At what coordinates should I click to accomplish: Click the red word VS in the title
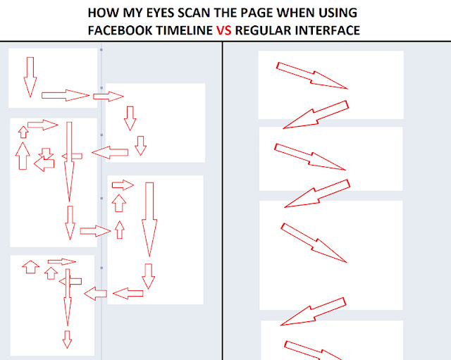click(223, 30)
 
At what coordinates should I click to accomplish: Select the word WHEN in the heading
click(296, 13)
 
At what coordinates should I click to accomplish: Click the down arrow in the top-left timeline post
click(30, 77)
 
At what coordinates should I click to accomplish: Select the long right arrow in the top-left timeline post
click(66, 95)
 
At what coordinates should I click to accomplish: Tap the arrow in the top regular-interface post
click(312, 75)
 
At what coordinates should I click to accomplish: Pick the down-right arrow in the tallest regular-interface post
click(314, 242)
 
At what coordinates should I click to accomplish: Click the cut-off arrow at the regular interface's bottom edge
click(314, 350)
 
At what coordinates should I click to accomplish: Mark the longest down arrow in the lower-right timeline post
click(149, 219)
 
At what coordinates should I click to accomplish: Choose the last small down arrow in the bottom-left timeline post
click(67, 340)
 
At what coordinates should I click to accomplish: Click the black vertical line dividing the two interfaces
click(223, 201)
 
